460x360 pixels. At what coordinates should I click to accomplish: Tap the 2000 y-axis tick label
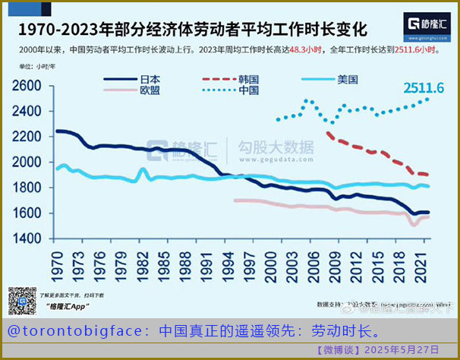(x=27, y=163)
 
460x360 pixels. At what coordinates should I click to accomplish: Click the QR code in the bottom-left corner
(x=22, y=300)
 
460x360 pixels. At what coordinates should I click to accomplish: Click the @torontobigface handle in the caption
(x=77, y=332)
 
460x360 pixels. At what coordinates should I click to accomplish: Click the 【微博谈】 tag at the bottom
(x=338, y=350)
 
